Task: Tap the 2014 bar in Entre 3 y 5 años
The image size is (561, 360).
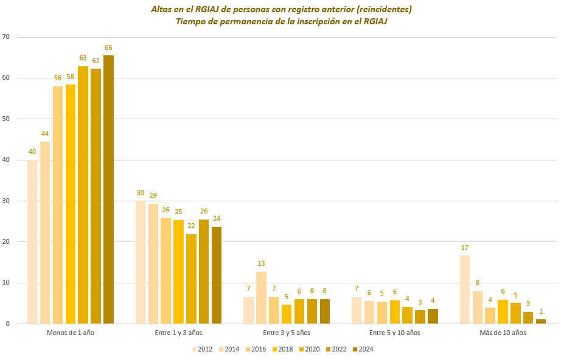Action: [x=261, y=298]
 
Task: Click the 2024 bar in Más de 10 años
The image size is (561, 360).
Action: [x=541, y=321]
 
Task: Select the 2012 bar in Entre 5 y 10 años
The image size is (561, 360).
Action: [x=357, y=310]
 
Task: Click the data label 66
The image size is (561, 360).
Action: [x=108, y=47]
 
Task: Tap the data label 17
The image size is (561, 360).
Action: [x=464, y=247]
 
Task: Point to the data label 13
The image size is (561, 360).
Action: [x=261, y=264]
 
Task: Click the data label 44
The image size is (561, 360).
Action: [x=45, y=134]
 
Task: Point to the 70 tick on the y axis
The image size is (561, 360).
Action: [x=6, y=37]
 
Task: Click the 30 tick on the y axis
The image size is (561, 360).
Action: [x=6, y=201]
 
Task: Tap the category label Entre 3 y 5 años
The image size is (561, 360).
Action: [x=287, y=333]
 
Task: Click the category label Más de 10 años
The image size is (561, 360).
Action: [x=503, y=333]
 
